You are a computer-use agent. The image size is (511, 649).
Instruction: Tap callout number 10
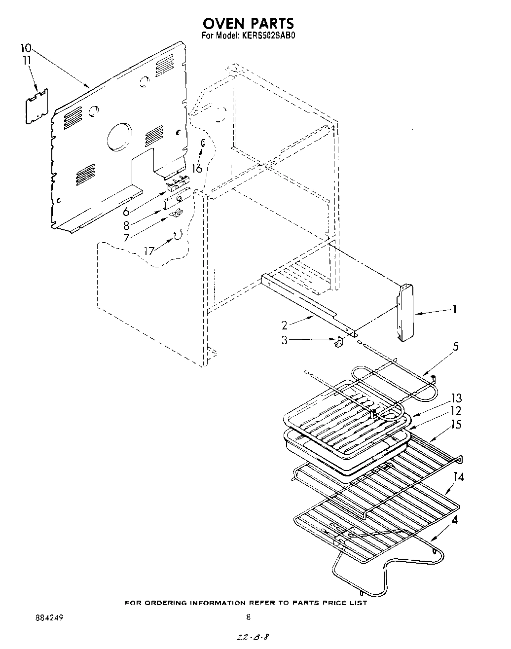pyautogui.click(x=26, y=48)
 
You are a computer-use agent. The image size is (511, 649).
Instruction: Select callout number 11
pyautogui.click(x=26, y=60)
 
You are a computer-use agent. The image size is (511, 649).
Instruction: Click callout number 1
pyautogui.click(x=454, y=310)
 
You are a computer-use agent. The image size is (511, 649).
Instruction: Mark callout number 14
pyautogui.click(x=459, y=477)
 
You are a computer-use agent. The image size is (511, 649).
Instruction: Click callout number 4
pyautogui.click(x=455, y=519)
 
